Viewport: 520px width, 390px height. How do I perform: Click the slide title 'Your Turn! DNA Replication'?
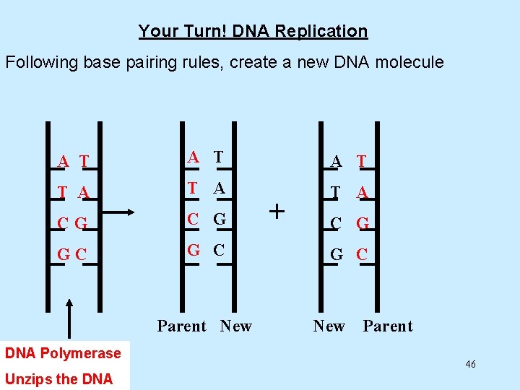[253, 31]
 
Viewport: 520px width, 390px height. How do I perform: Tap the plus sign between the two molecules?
[277, 211]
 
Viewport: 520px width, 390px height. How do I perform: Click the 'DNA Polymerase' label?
[63, 353]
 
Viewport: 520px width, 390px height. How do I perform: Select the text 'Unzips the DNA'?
[58, 378]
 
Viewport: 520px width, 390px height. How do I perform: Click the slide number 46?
[470, 364]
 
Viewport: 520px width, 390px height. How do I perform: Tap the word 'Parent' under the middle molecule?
[181, 326]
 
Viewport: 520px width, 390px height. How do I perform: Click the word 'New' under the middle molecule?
[235, 326]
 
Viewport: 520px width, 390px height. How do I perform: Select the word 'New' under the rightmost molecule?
[329, 326]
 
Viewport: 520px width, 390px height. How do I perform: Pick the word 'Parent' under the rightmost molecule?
[387, 326]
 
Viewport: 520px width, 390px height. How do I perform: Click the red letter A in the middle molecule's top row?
[193, 157]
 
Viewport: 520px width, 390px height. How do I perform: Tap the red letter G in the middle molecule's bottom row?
[194, 250]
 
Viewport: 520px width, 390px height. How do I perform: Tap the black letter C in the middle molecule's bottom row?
[219, 250]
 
